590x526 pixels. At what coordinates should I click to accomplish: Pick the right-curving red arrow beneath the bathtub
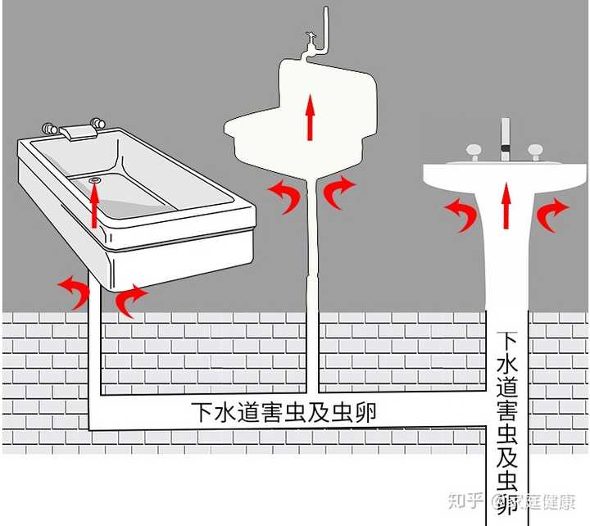[131, 299]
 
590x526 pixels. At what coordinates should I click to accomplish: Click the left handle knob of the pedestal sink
[473, 152]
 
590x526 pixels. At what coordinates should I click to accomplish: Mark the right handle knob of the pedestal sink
[536, 152]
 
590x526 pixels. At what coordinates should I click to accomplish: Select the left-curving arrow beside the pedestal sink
[461, 215]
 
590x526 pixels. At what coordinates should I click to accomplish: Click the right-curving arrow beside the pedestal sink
[551, 214]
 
